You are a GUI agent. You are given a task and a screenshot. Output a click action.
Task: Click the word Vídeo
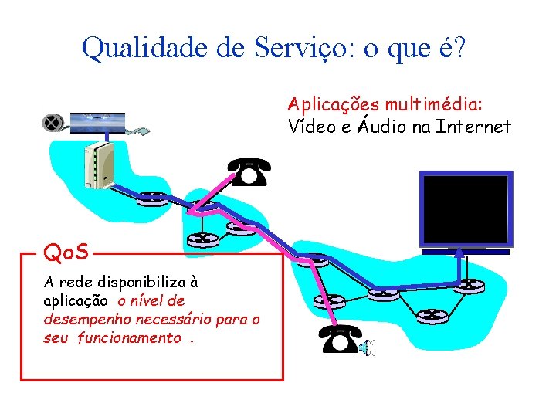[309, 126]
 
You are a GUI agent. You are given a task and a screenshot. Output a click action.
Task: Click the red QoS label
[66, 251]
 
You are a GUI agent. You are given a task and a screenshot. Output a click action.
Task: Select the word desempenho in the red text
[76, 318]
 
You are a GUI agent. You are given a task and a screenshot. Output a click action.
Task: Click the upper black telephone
[249, 171]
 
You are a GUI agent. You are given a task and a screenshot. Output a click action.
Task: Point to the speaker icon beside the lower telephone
[366, 349]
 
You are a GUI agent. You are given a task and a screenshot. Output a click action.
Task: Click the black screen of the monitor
[465, 208]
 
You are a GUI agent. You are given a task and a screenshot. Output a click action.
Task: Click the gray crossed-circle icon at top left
[53, 123]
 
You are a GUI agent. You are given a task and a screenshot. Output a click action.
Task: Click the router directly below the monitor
[465, 285]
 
